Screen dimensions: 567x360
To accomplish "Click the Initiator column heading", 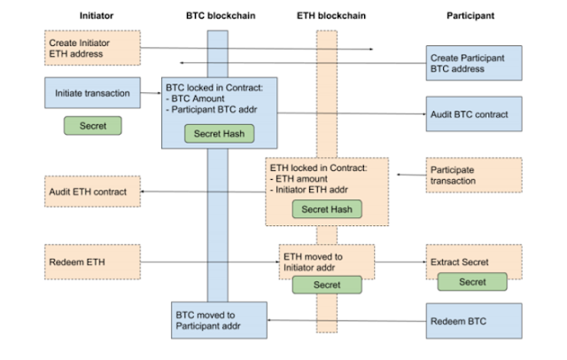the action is (97, 16).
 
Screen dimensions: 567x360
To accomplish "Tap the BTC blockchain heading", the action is (221, 16).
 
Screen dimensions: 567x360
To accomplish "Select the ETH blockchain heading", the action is (331, 16).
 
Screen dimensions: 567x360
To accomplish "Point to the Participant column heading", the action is (470, 16).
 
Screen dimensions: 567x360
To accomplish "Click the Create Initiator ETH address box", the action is (92, 48).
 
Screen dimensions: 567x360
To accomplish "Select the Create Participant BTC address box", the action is (474, 63).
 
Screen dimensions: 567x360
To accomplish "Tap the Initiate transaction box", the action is (92, 92).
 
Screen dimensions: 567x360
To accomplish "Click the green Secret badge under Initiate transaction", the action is (93, 126).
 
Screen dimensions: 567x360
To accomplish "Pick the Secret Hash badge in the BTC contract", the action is (219, 134).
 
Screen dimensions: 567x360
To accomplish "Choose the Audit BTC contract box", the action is (474, 114).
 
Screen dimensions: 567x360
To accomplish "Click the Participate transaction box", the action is (474, 175).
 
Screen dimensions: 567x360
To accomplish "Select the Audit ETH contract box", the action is (92, 192).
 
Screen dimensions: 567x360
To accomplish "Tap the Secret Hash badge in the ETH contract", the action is (327, 209).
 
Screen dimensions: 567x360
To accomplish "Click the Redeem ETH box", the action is (92, 262).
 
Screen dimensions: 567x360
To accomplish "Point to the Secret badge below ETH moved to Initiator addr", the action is (327, 285).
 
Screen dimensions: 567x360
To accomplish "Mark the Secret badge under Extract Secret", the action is (472, 282).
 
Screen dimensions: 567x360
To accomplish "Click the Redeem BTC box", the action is (474, 321).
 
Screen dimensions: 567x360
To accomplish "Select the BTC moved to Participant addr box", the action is (219, 320).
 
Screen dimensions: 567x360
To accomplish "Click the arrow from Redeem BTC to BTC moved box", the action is (346, 321).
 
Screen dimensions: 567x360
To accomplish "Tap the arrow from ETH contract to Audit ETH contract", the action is (203, 192).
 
